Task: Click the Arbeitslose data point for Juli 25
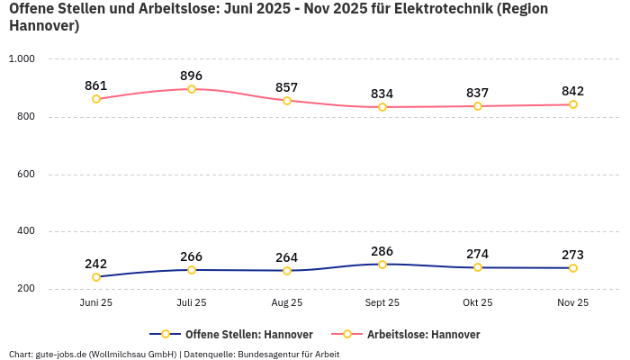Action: pyautogui.click(x=192, y=89)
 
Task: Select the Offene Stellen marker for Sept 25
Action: pyautogui.click(x=382, y=265)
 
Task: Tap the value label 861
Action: pyautogui.click(x=96, y=85)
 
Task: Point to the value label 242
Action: pyautogui.click(x=96, y=264)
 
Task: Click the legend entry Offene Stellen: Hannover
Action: pyautogui.click(x=237, y=335)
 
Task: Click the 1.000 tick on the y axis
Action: pyautogui.click(x=21, y=58)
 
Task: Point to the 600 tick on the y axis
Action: pyautogui.click(x=24, y=174)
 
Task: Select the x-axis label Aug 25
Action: pyautogui.click(x=287, y=303)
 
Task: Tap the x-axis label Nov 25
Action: pyautogui.click(x=573, y=303)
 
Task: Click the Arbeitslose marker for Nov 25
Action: pyautogui.click(x=573, y=104)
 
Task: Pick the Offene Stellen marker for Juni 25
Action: pyautogui.click(x=96, y=277)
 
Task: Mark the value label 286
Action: pyautogui.click(x=382, y=251)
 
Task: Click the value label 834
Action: pyautogui.click(x=382, y=94)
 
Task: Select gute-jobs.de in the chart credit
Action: pyautogui.click(x=60, y=354)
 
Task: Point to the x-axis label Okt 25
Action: pyautogui.click(x=478, y=303)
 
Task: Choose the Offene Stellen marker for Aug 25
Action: pyautogui.click(x=287, y=271)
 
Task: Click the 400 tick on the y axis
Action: pyautogui.click(x=24, y=231)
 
